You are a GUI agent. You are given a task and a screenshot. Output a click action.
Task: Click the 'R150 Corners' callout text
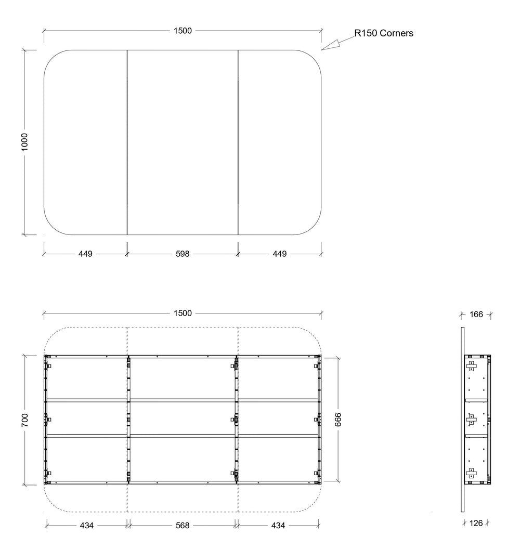tap(384, 33)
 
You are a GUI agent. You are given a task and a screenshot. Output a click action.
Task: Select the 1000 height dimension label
tap(24, 142)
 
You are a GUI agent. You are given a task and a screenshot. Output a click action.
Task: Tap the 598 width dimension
tap(183, 254)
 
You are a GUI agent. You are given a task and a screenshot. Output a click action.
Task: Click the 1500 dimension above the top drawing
tap(183, 31)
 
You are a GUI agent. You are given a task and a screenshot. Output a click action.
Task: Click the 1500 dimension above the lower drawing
tap(183, 313)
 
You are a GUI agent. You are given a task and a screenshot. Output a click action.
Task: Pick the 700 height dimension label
tap(24, 420)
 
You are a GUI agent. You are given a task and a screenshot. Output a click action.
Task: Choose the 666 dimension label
tap(338, 420)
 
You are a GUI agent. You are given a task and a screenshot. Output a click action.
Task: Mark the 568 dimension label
tap(183, 526)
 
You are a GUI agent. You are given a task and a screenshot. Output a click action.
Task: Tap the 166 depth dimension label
tap(476, 315)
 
